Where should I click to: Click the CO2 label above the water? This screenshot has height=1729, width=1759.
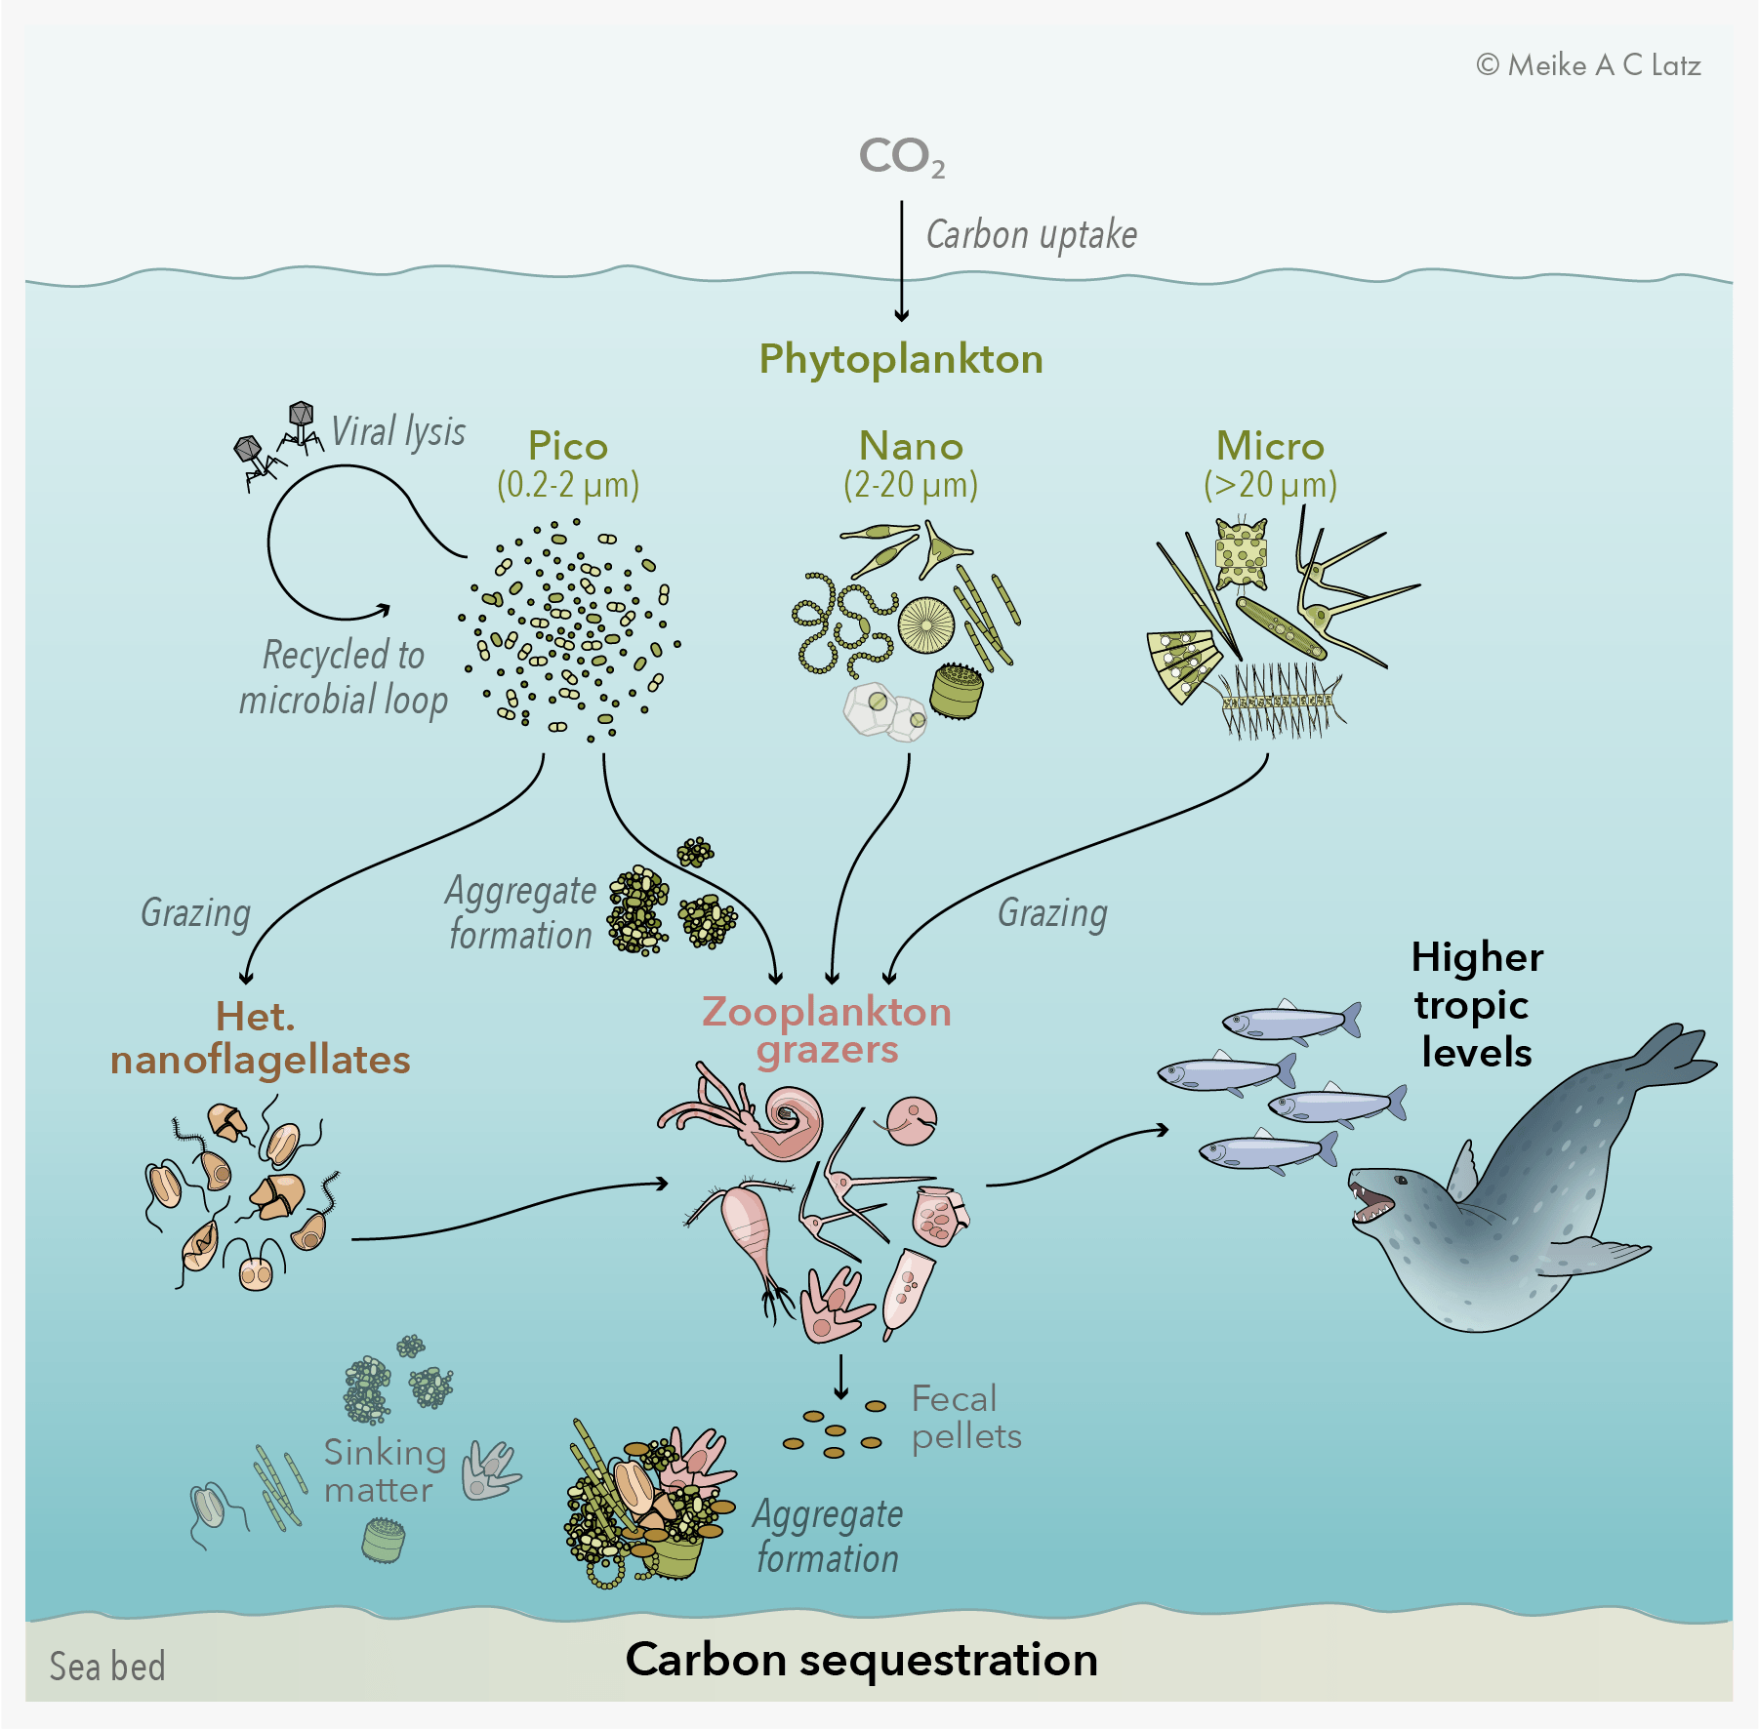tap(901, 157)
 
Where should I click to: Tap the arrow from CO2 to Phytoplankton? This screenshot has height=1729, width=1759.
tap(902, 261)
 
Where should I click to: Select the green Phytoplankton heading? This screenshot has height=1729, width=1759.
tap(901, 359)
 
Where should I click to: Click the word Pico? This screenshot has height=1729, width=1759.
tap(568, 447)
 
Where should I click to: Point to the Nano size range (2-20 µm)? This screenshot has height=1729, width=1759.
tap(911, 485)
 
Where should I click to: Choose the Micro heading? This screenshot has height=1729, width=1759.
tap(1270, 446)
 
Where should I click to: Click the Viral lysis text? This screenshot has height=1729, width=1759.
tap(398, 431)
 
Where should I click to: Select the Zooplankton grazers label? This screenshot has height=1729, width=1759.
tap(827, 1030)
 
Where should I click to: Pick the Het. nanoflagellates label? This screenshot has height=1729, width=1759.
tap(260, 1038)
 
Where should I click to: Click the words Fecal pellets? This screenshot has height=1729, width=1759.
tap(966, 1418)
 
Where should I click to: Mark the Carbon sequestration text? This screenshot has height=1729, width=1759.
tap(862, 1660)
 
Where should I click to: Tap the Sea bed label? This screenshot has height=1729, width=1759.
tap(107, 1667)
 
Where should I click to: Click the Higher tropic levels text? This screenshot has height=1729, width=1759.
tap(1477, 1005)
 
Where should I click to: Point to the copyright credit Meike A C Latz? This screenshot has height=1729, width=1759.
tap(1589, 65)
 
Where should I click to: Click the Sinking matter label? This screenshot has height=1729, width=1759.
tap(385, 1471)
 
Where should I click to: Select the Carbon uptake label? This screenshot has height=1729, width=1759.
tap(1032, 235)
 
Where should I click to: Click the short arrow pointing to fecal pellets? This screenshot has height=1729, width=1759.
tap(840, 1377)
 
